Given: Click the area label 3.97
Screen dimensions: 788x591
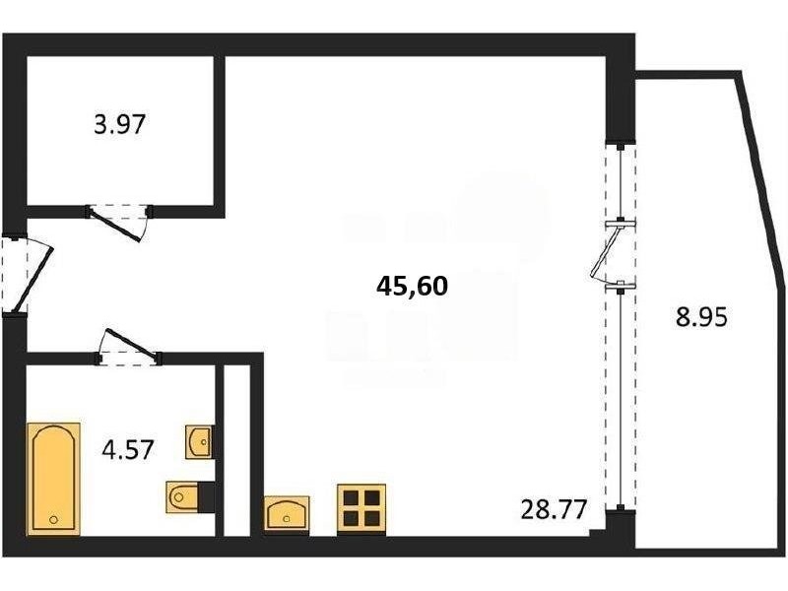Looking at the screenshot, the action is tap(119, 125).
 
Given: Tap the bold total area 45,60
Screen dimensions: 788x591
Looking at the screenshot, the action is tap(412, 287).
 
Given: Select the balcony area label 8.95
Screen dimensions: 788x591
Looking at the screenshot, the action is tap(701, 317).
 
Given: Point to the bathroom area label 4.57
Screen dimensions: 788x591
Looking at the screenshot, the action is tap(127, 449).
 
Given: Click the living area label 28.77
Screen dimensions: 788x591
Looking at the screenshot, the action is tap(554, 509).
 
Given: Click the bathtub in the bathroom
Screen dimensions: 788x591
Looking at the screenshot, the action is tap(54, 479).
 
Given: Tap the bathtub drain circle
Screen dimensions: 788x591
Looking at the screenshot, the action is tap(54, 520).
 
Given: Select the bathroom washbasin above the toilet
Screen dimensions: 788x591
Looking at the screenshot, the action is tap(199, 441).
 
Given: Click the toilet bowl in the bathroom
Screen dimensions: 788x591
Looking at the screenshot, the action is tap(182, 497).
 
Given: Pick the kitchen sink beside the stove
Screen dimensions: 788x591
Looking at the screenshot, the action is tap(287, 512).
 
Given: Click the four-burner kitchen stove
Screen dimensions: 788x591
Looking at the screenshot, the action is tap(361, 508).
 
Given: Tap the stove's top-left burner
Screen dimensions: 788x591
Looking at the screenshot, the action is tap(351, 498).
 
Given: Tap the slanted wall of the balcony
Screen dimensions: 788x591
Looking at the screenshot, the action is tap(761, 173).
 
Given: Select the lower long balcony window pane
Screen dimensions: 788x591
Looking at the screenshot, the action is tap(622, 398).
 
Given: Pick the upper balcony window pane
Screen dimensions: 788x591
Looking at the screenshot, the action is tap(622, 183).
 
